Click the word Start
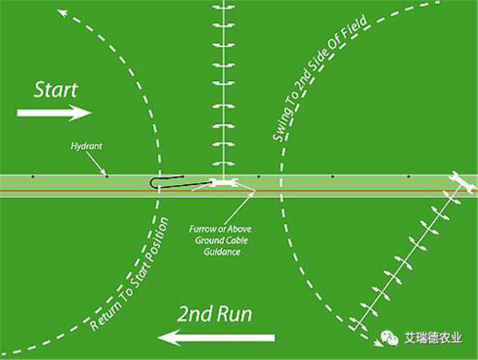tap(56, 90)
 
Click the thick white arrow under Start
tap(54, 113)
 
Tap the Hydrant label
tap(86, 146)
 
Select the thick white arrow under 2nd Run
tap(216, 338)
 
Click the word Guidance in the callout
tap(222, 252)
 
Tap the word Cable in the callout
tap(236, 240)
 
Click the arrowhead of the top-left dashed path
tap(62, 13)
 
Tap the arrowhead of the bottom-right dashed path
tap(378, 343)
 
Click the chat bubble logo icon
tap(390, 338)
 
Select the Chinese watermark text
tap(433, 338)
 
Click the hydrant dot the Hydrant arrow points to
tap(107, 176)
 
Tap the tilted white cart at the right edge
tap(462, 182)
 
